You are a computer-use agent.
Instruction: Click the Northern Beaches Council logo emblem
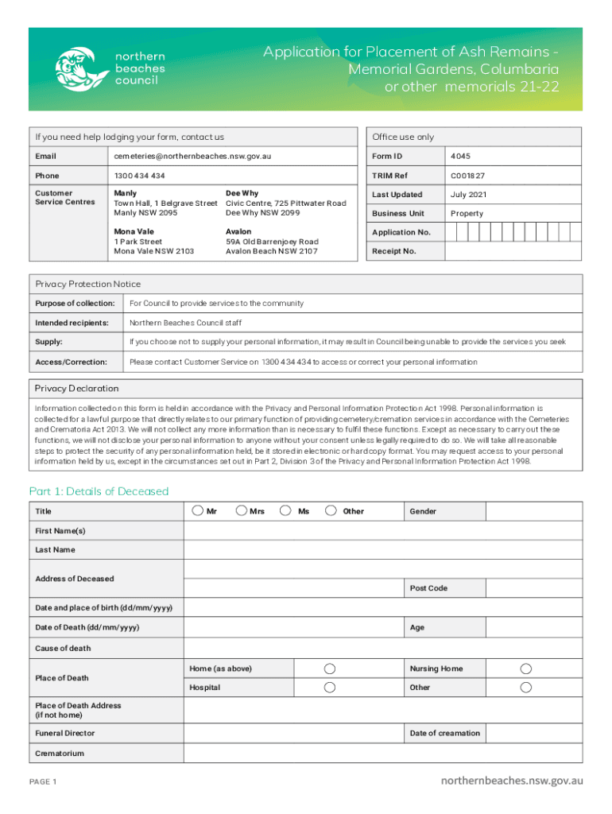click(81, 68)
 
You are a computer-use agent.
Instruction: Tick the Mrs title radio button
click(241, 510)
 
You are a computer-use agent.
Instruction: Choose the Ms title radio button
click(285, 510)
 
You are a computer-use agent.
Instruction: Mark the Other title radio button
click(331, 510)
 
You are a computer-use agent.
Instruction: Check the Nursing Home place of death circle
click(525, 669)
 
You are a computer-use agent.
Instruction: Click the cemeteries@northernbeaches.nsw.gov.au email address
click(192, 156)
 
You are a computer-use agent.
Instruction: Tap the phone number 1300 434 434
click(140, 175)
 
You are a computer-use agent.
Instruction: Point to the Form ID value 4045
click(460, 156)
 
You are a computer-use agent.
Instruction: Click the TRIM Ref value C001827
click(467, 175)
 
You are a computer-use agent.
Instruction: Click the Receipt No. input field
click(513, 251)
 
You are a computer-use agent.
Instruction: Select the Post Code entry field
click(532, 588)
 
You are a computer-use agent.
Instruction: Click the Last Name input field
click(383, 549)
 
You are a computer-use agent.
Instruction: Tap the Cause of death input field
click(383, 648)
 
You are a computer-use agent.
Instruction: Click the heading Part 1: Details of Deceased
click(99, 491)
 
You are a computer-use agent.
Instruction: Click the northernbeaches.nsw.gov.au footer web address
click(512, 781)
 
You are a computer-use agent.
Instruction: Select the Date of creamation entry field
click(532, 733)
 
